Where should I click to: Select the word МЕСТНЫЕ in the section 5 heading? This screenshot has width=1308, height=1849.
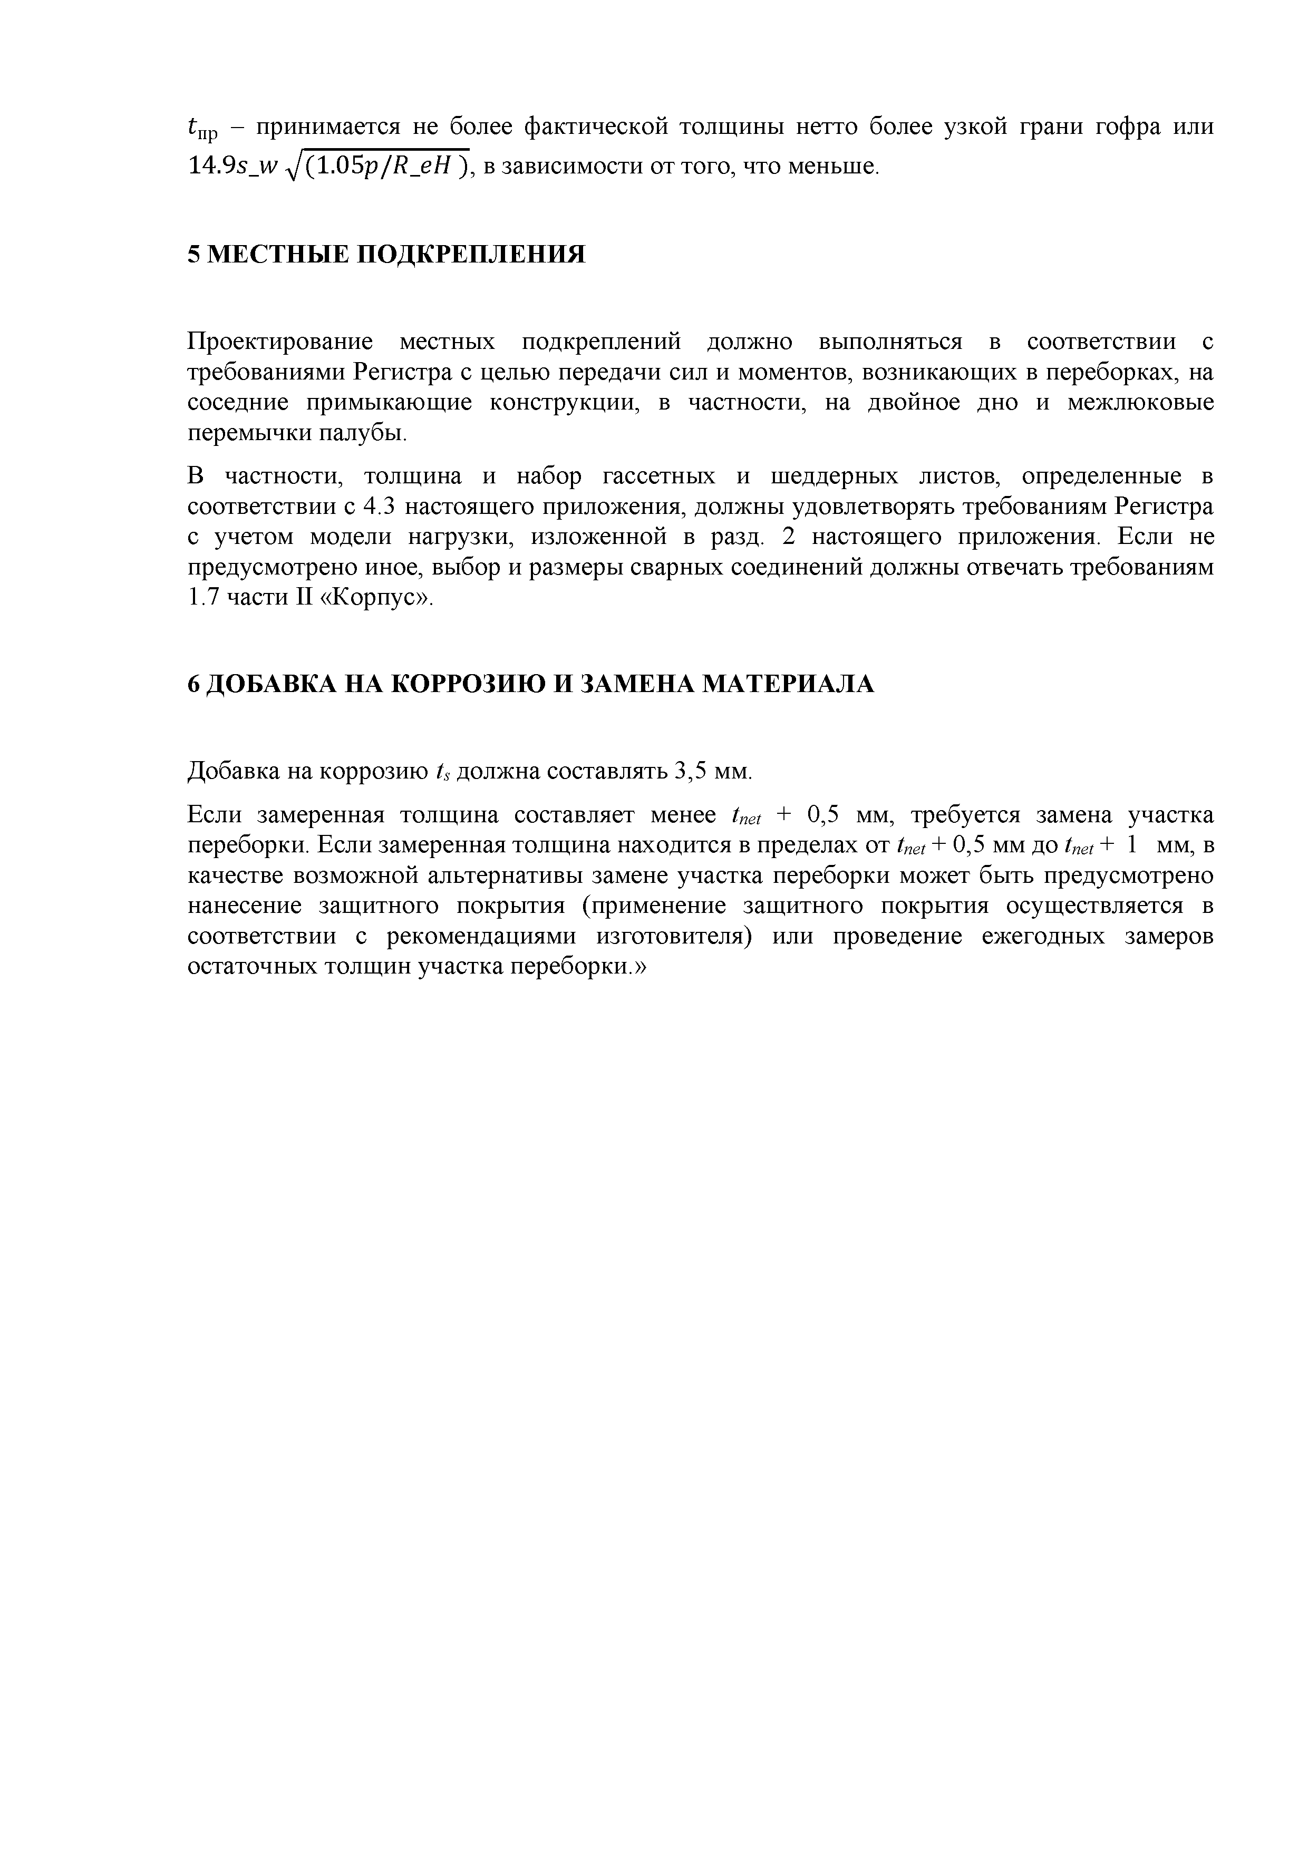276,255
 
